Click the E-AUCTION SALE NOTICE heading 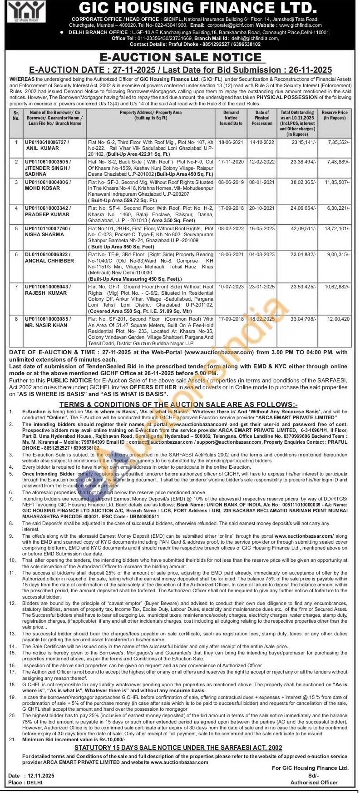coord(180,58)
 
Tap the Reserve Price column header coord(335,115)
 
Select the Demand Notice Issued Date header coord(231,118)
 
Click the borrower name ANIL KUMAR coord(42,148)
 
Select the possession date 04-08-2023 coord(262,255)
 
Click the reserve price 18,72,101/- coord(337,228)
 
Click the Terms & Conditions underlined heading coord(178,404)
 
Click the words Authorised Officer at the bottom coord(314,783)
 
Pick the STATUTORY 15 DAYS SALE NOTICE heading coord(178,748)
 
